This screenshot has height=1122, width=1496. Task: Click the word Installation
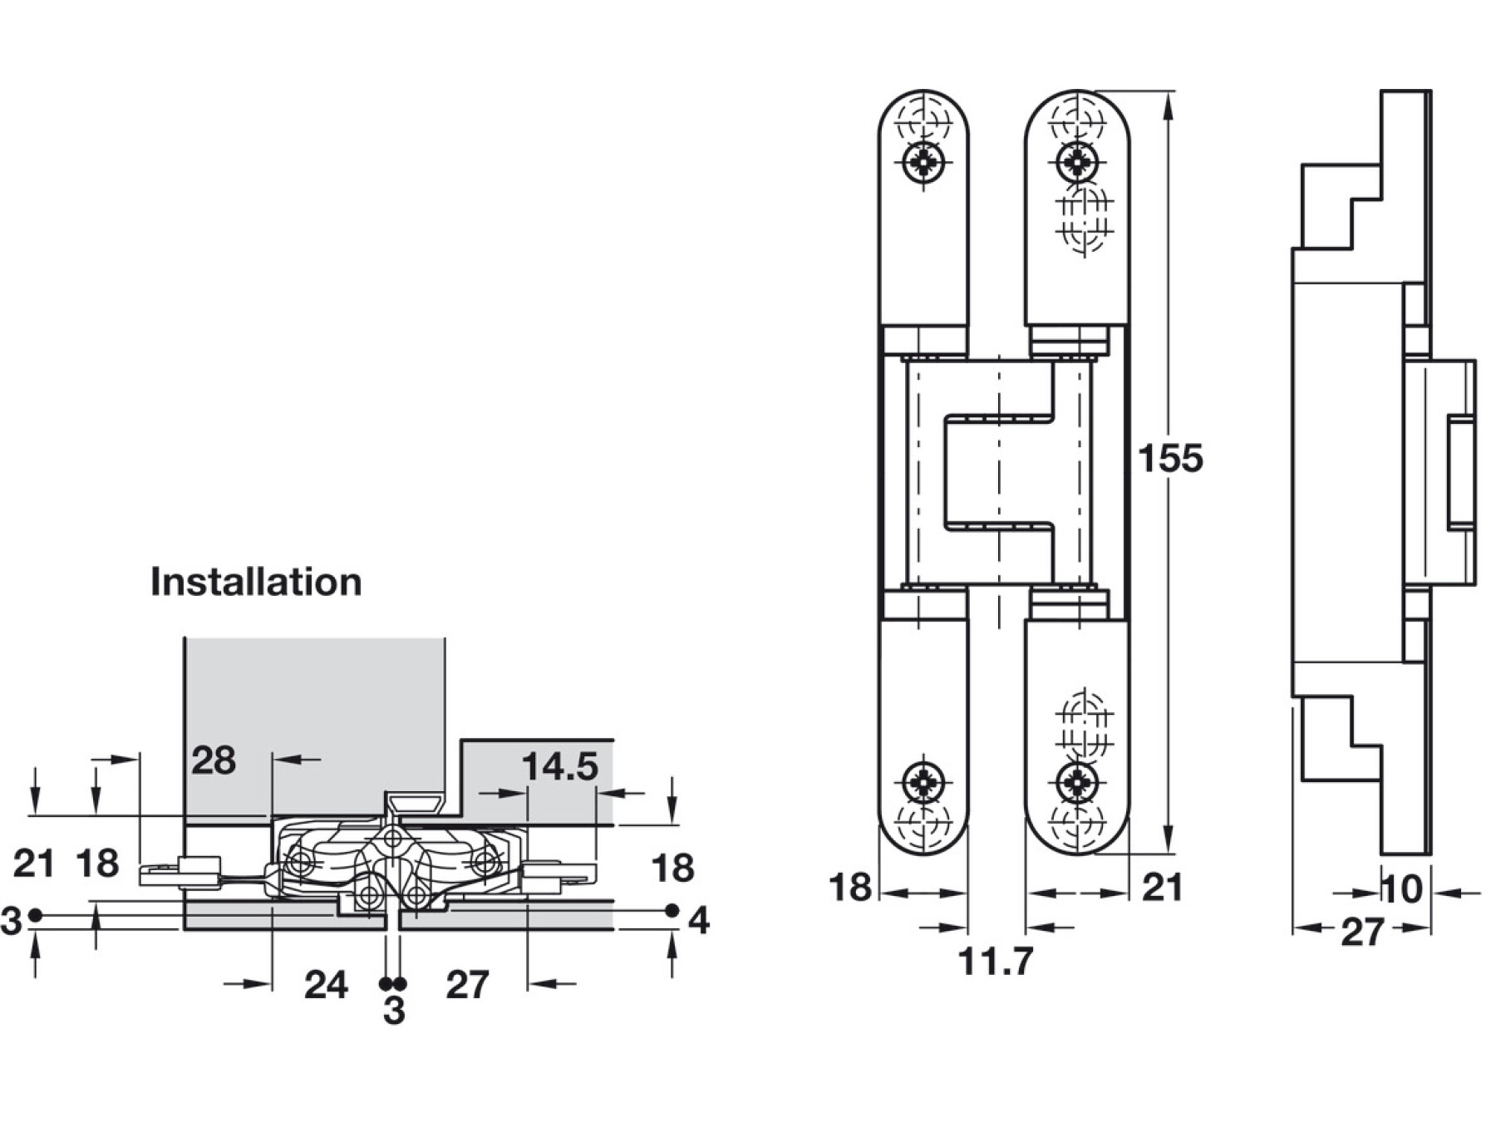[x=256, y=582]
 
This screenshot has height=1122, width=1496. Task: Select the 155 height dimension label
[x=1170, y=458]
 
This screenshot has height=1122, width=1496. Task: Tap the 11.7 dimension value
[x=995, y=962]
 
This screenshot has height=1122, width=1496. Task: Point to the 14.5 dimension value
[x=560, y=766]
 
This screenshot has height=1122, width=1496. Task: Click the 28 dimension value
[x=214, y=760]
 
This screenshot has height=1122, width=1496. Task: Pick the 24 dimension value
[x=326, y=986]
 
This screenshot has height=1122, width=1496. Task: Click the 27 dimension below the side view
[x=1363, y=933]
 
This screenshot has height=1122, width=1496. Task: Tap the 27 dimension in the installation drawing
[x=467, y=986]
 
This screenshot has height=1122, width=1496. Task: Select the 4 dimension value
[x=699, y=921]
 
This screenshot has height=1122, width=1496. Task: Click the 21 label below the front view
[x=1162, y=888]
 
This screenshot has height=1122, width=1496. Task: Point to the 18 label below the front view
[x=849, y=888]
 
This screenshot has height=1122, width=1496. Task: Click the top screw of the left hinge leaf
[x=923, y=160]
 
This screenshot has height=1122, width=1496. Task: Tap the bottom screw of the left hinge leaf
[x=923, y=781]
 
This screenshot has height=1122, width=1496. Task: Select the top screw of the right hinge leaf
[x=1077, y=160]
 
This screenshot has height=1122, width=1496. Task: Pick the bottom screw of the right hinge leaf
[x=1077, y=781]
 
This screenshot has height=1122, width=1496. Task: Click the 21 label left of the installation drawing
[x=34, y=864]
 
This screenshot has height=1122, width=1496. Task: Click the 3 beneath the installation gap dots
[x=394, y=1011]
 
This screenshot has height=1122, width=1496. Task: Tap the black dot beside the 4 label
[x=672, y=911]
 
